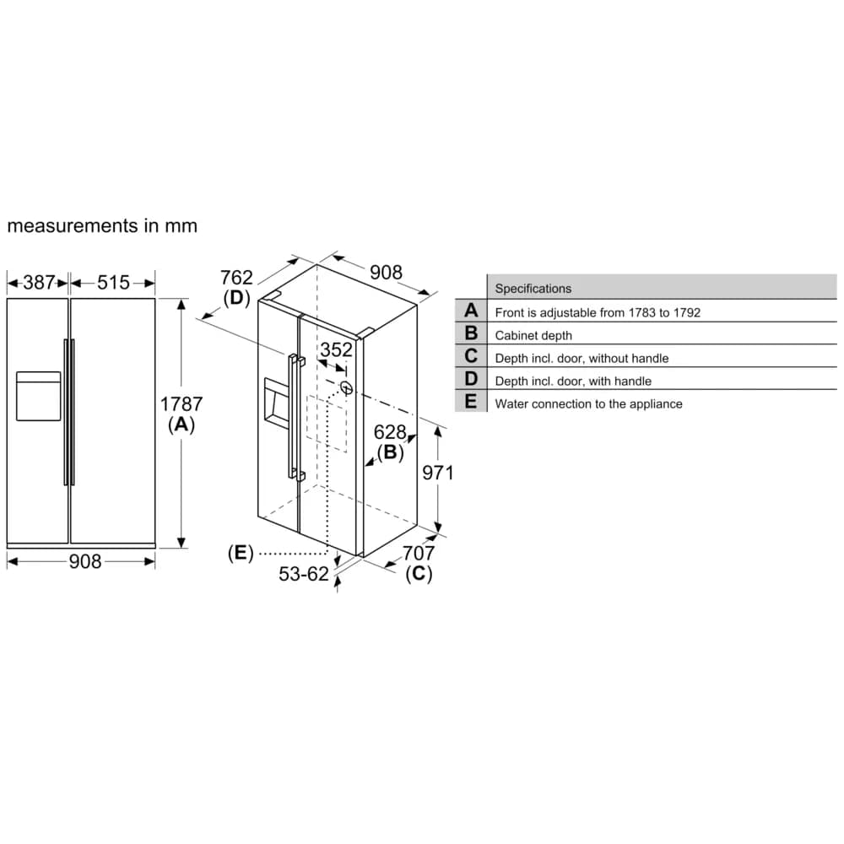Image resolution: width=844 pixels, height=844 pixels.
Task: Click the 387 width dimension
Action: coord(39,283)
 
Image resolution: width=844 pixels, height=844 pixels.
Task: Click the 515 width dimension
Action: coord(113,283)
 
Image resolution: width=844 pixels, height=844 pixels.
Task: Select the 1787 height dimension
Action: coord(181,405)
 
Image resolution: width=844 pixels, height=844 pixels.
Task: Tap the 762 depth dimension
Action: coord(236,278)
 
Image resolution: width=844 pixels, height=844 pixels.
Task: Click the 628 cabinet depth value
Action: coord(390,433)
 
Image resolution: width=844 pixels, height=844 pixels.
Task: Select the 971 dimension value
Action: coord(438,473)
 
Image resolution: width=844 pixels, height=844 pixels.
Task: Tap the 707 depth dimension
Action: coord(419,554)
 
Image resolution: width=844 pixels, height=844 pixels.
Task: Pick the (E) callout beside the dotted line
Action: coord(241,554)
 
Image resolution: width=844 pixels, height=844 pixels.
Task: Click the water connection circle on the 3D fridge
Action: coord(346,388)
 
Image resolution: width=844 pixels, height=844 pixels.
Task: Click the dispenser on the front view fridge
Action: coord(38,396)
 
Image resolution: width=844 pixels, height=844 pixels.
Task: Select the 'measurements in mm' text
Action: coord(102,226)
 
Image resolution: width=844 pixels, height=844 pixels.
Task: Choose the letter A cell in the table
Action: coord(470,311)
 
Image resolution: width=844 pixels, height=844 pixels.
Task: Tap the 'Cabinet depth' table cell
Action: coord(533,335)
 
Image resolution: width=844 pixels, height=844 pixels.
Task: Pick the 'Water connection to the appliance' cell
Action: coord(588,403)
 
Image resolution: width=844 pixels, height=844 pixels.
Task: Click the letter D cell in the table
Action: coord(470,380)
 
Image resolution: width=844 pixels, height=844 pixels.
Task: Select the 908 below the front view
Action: coord(84,561)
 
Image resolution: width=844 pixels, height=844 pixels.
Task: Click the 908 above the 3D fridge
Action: coord(386,272)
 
